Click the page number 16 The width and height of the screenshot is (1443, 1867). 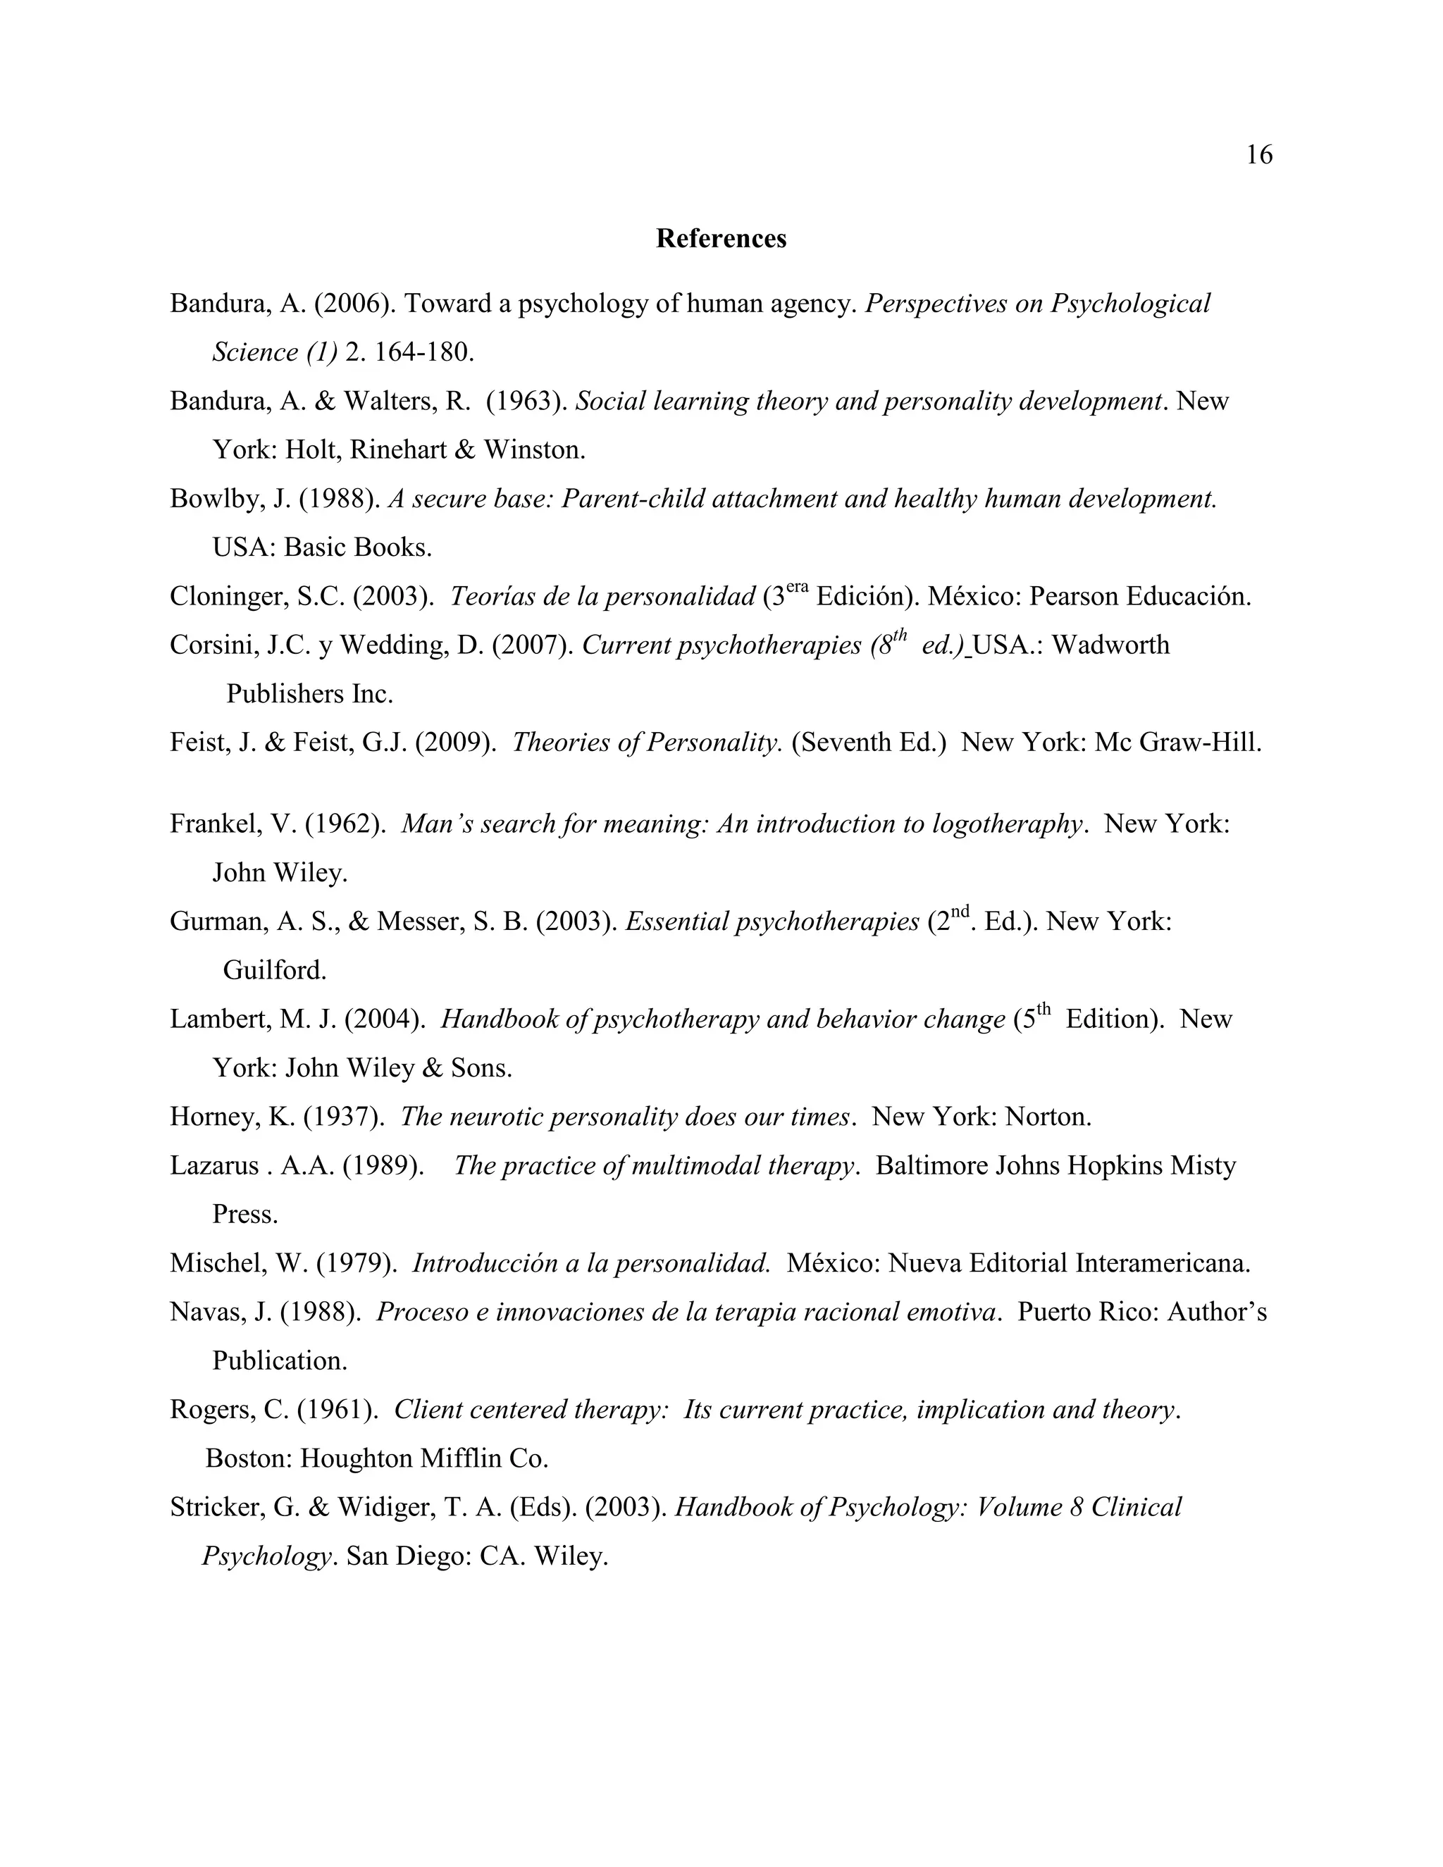tap(1259, 155)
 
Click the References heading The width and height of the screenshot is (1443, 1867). tap(721, 239)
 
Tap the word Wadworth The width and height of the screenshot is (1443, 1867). tap(1110, 645)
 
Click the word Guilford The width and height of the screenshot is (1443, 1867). tap(273, 970)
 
